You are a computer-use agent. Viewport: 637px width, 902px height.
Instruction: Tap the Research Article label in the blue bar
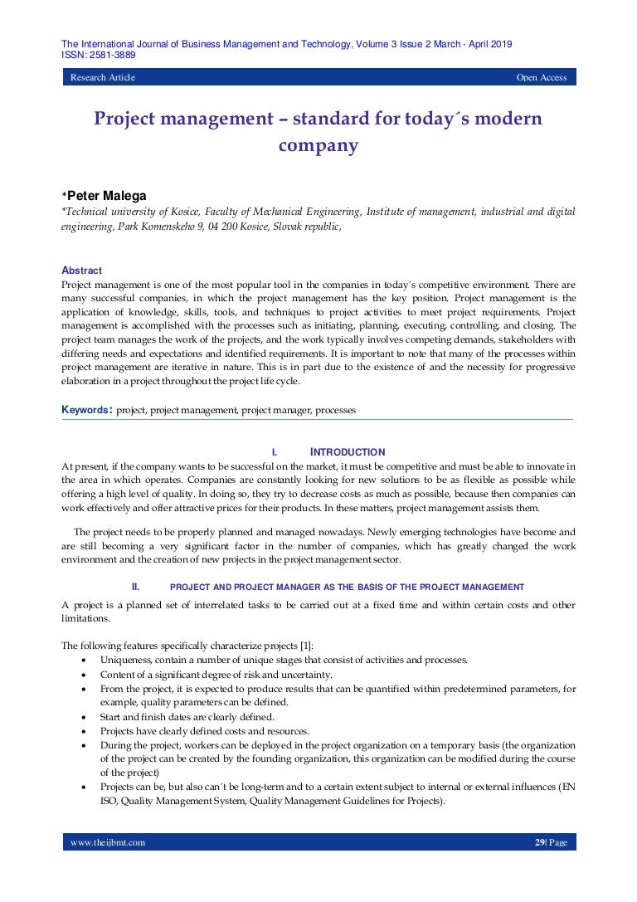(103, 78)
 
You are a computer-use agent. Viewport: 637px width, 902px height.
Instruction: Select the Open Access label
(542, 78)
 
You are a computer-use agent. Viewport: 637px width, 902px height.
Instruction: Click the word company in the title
(318, 146)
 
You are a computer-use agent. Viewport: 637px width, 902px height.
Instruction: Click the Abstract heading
(82, 271)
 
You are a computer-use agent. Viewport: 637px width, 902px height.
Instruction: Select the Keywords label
(86, 410)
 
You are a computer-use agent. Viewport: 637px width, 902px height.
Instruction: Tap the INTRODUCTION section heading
(348, 452)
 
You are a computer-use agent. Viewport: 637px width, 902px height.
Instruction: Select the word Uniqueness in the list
(124, 661)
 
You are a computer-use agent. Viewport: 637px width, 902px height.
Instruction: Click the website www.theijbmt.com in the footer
(108, 842)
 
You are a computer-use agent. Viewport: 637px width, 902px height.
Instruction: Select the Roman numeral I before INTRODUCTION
(274, 452)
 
